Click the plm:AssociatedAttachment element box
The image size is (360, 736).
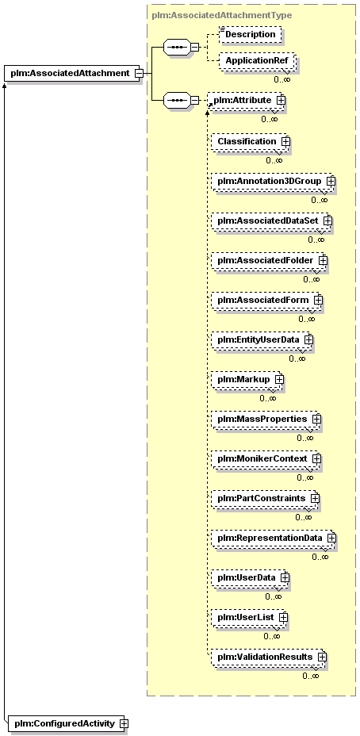[72, 73]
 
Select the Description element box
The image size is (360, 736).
[251, 34]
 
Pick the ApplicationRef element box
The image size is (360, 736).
[257, 61]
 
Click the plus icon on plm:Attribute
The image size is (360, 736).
[281, 100]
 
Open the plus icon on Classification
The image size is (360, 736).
[285, 141]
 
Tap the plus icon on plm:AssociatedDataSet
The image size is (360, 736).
[327, 220]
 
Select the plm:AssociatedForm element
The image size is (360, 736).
[266, 300]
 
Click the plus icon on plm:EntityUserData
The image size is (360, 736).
[308, 339]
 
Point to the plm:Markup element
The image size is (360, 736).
[247, 379]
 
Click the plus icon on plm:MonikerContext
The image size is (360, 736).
[316, 458]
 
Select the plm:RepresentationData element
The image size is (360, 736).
[273, 538]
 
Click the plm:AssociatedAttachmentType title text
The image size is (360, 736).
[221, 16]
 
